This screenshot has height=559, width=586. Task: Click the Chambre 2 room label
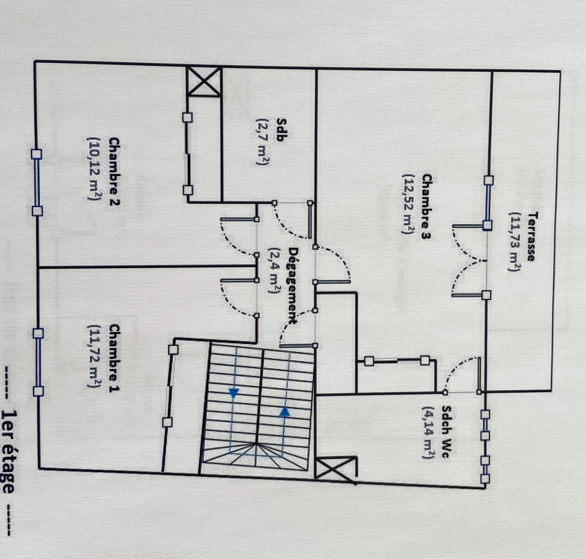point(115,171)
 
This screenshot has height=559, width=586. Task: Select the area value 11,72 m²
point(93,356)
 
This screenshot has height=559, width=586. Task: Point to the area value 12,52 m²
point(408,204)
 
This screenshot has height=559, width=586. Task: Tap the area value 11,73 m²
point(514,242)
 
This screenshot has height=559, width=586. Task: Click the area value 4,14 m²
point(428,432)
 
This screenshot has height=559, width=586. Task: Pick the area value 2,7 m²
point(262,142)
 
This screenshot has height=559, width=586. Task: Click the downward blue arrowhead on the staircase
point(234,393)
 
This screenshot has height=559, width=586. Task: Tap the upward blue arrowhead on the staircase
point(285,411)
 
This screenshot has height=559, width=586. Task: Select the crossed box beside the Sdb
point(204,81)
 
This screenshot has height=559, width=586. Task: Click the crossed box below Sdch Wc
point(335,470)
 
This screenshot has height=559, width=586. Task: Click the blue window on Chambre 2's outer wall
point(37,183)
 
